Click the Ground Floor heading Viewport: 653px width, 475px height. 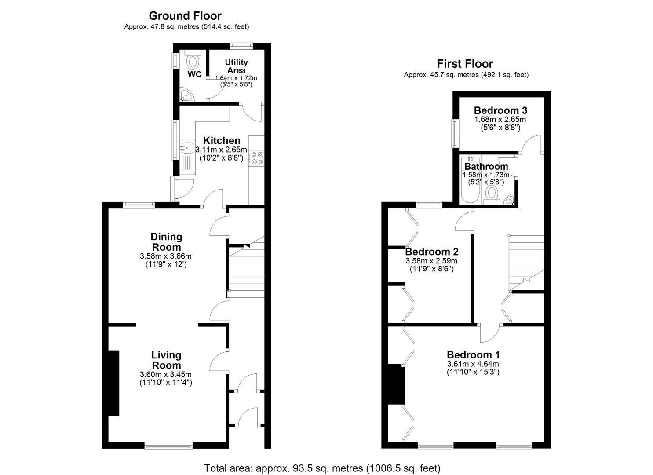[185, 16]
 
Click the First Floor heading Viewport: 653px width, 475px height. [465, 64]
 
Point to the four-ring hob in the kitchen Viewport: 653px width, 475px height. [256, 158]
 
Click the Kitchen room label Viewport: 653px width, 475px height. [222, 141]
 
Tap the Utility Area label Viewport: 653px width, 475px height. [236, 66]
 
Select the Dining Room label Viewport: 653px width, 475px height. [166, 242]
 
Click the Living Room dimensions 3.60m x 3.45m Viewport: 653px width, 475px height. [166, 375]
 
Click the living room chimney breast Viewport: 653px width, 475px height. [113, 383]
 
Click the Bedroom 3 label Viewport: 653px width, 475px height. [500, 110]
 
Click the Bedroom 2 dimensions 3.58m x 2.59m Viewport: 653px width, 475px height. [432, 261]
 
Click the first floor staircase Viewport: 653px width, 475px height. [526, 259]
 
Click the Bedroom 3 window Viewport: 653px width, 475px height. [455, 134]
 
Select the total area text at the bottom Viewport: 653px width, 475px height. [322, 468]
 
